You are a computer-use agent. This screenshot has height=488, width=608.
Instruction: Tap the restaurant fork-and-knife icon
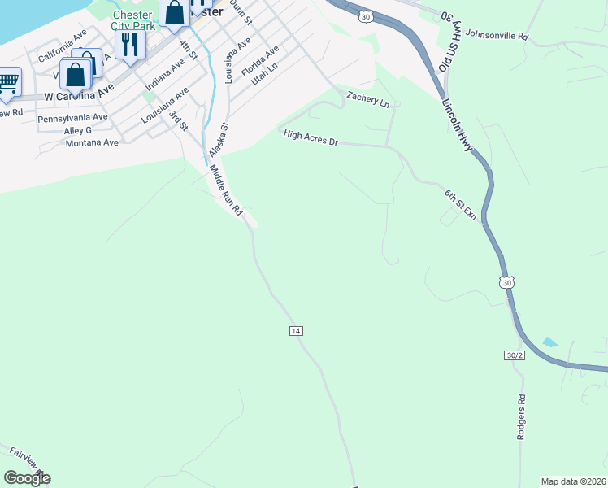(128, 45)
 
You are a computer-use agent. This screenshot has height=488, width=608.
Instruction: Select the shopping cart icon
(8, 83)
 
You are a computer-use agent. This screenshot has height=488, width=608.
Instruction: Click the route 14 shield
(296, 331)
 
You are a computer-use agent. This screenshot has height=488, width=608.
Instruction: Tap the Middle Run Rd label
(227, 190)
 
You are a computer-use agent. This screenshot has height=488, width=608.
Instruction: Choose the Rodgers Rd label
(522, 417)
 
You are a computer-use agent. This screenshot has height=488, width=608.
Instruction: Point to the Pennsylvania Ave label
(72, 118)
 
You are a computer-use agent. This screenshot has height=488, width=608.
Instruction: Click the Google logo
(27, 478)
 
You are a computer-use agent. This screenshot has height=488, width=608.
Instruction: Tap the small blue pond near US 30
(550, 342)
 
